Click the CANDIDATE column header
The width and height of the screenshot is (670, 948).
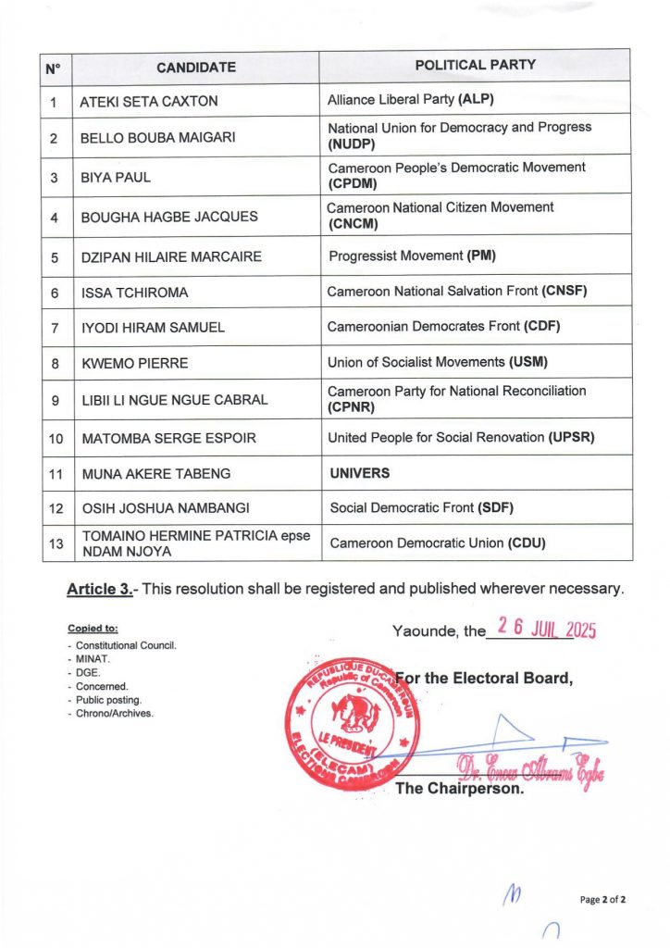195,67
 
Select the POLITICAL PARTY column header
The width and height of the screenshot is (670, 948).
475,66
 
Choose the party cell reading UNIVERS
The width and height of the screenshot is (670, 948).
360,473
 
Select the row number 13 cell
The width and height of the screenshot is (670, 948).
56,543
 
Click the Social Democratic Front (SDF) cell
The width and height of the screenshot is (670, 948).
421,507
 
